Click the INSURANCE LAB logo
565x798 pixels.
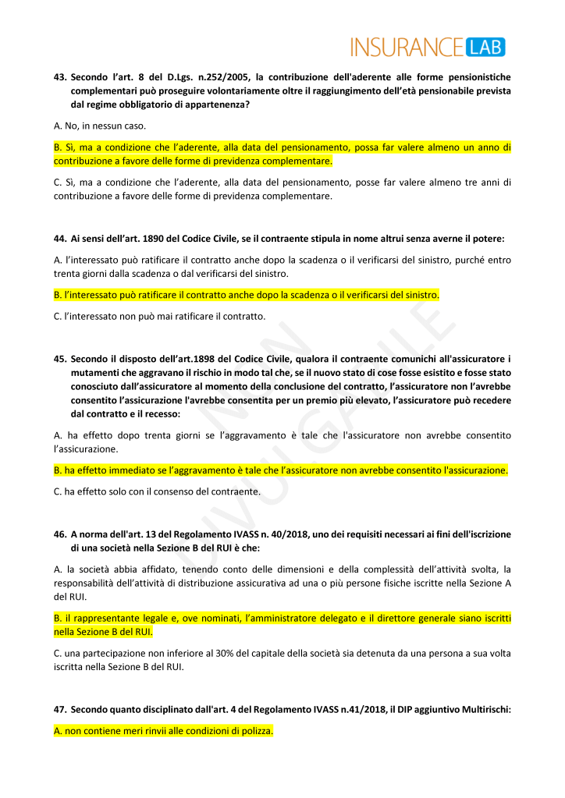pyautogui.click(x=428, y=47)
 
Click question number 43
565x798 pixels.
pyautogui.click(x=60, y=76)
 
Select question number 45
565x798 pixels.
pyautogui.click(x=60, y=359)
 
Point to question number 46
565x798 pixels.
pyautogui.click(x=60, y=534)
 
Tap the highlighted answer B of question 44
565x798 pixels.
pyautogui.click(x=247, y=294)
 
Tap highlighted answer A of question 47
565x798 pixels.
pyautogui.click(x=163, y=731)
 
